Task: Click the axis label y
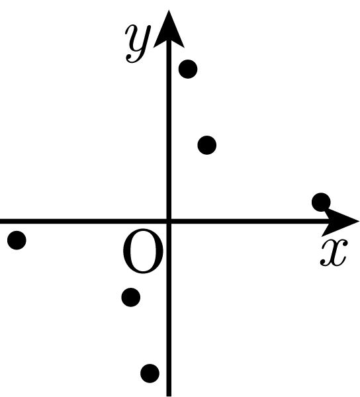click(138, 43)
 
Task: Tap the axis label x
click(334, 253)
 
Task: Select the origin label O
click(143, 251)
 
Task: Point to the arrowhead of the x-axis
click(340, 222)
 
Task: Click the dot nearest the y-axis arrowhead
click(188, 69)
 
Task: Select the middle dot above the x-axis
click(207, 145)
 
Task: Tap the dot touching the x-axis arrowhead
click(321, 202)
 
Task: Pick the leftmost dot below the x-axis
click(17, 240)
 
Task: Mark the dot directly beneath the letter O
click(131, 297)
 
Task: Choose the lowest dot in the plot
click(150, 373)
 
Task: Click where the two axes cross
click(169, 222)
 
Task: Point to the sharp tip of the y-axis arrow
click(169, 10)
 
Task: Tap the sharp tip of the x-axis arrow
click(359, 222)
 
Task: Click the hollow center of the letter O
click(143, 251)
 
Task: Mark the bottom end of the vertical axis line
click(169, 396)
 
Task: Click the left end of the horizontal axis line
click(1, 222)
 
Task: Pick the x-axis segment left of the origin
click(83, 222)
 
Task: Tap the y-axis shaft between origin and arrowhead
click(169, 132)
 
